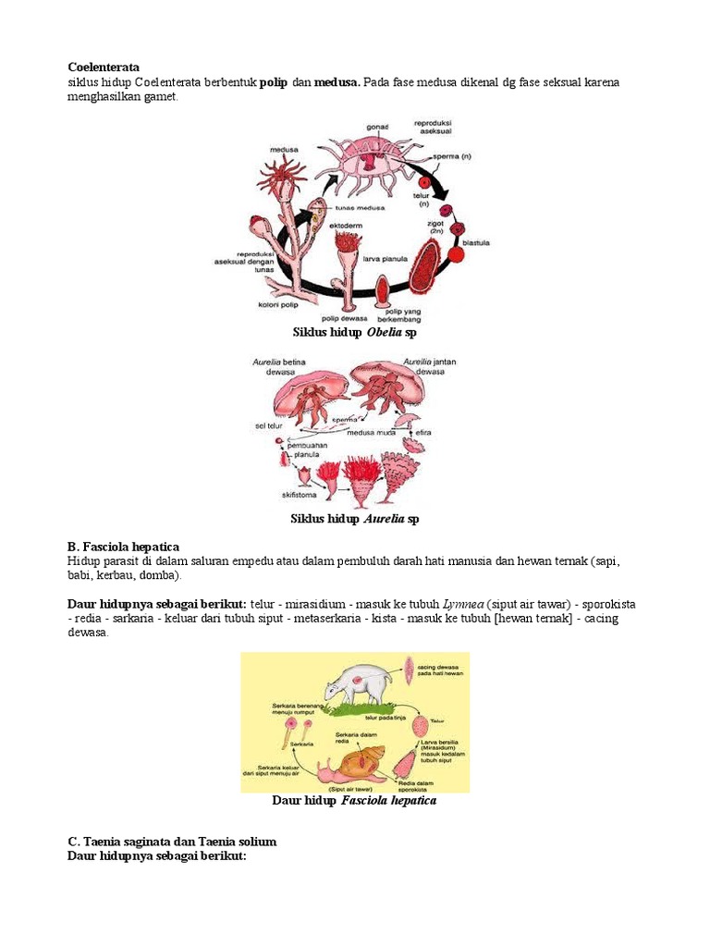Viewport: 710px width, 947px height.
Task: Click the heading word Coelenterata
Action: click(x=104, y=68)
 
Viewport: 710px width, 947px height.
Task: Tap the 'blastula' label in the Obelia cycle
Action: click(x=475, y=242)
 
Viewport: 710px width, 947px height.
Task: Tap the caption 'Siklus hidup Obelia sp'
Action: click(x=355, y=331)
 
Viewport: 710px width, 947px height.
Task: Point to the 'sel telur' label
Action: click(x=267, y=425)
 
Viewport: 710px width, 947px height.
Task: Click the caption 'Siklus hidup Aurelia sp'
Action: click(x=355, y=520)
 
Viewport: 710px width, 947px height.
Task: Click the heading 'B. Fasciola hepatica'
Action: click(x=123, y=547)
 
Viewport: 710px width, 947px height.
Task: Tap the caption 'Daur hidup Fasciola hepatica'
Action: click(x=354, y=801)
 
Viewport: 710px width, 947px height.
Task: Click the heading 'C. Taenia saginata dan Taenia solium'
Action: click(x=172, y=842)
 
